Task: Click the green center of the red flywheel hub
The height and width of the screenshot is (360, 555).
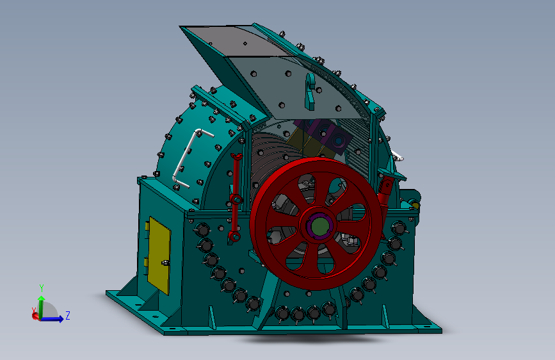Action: (x=319, y=225)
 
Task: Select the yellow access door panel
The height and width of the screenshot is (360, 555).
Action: (x=159, y=256)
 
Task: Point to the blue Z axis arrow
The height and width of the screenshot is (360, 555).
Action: (x=52, y=319)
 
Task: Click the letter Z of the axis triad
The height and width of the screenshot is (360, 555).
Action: (x=68, y=315)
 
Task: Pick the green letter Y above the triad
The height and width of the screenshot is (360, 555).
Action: (x=42, y=288)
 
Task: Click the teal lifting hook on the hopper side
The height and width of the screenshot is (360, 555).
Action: (x=310, y=92)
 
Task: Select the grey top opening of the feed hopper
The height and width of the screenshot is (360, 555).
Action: (x=236, y=40)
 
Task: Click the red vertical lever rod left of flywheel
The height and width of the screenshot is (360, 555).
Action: (x=235, y=199)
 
